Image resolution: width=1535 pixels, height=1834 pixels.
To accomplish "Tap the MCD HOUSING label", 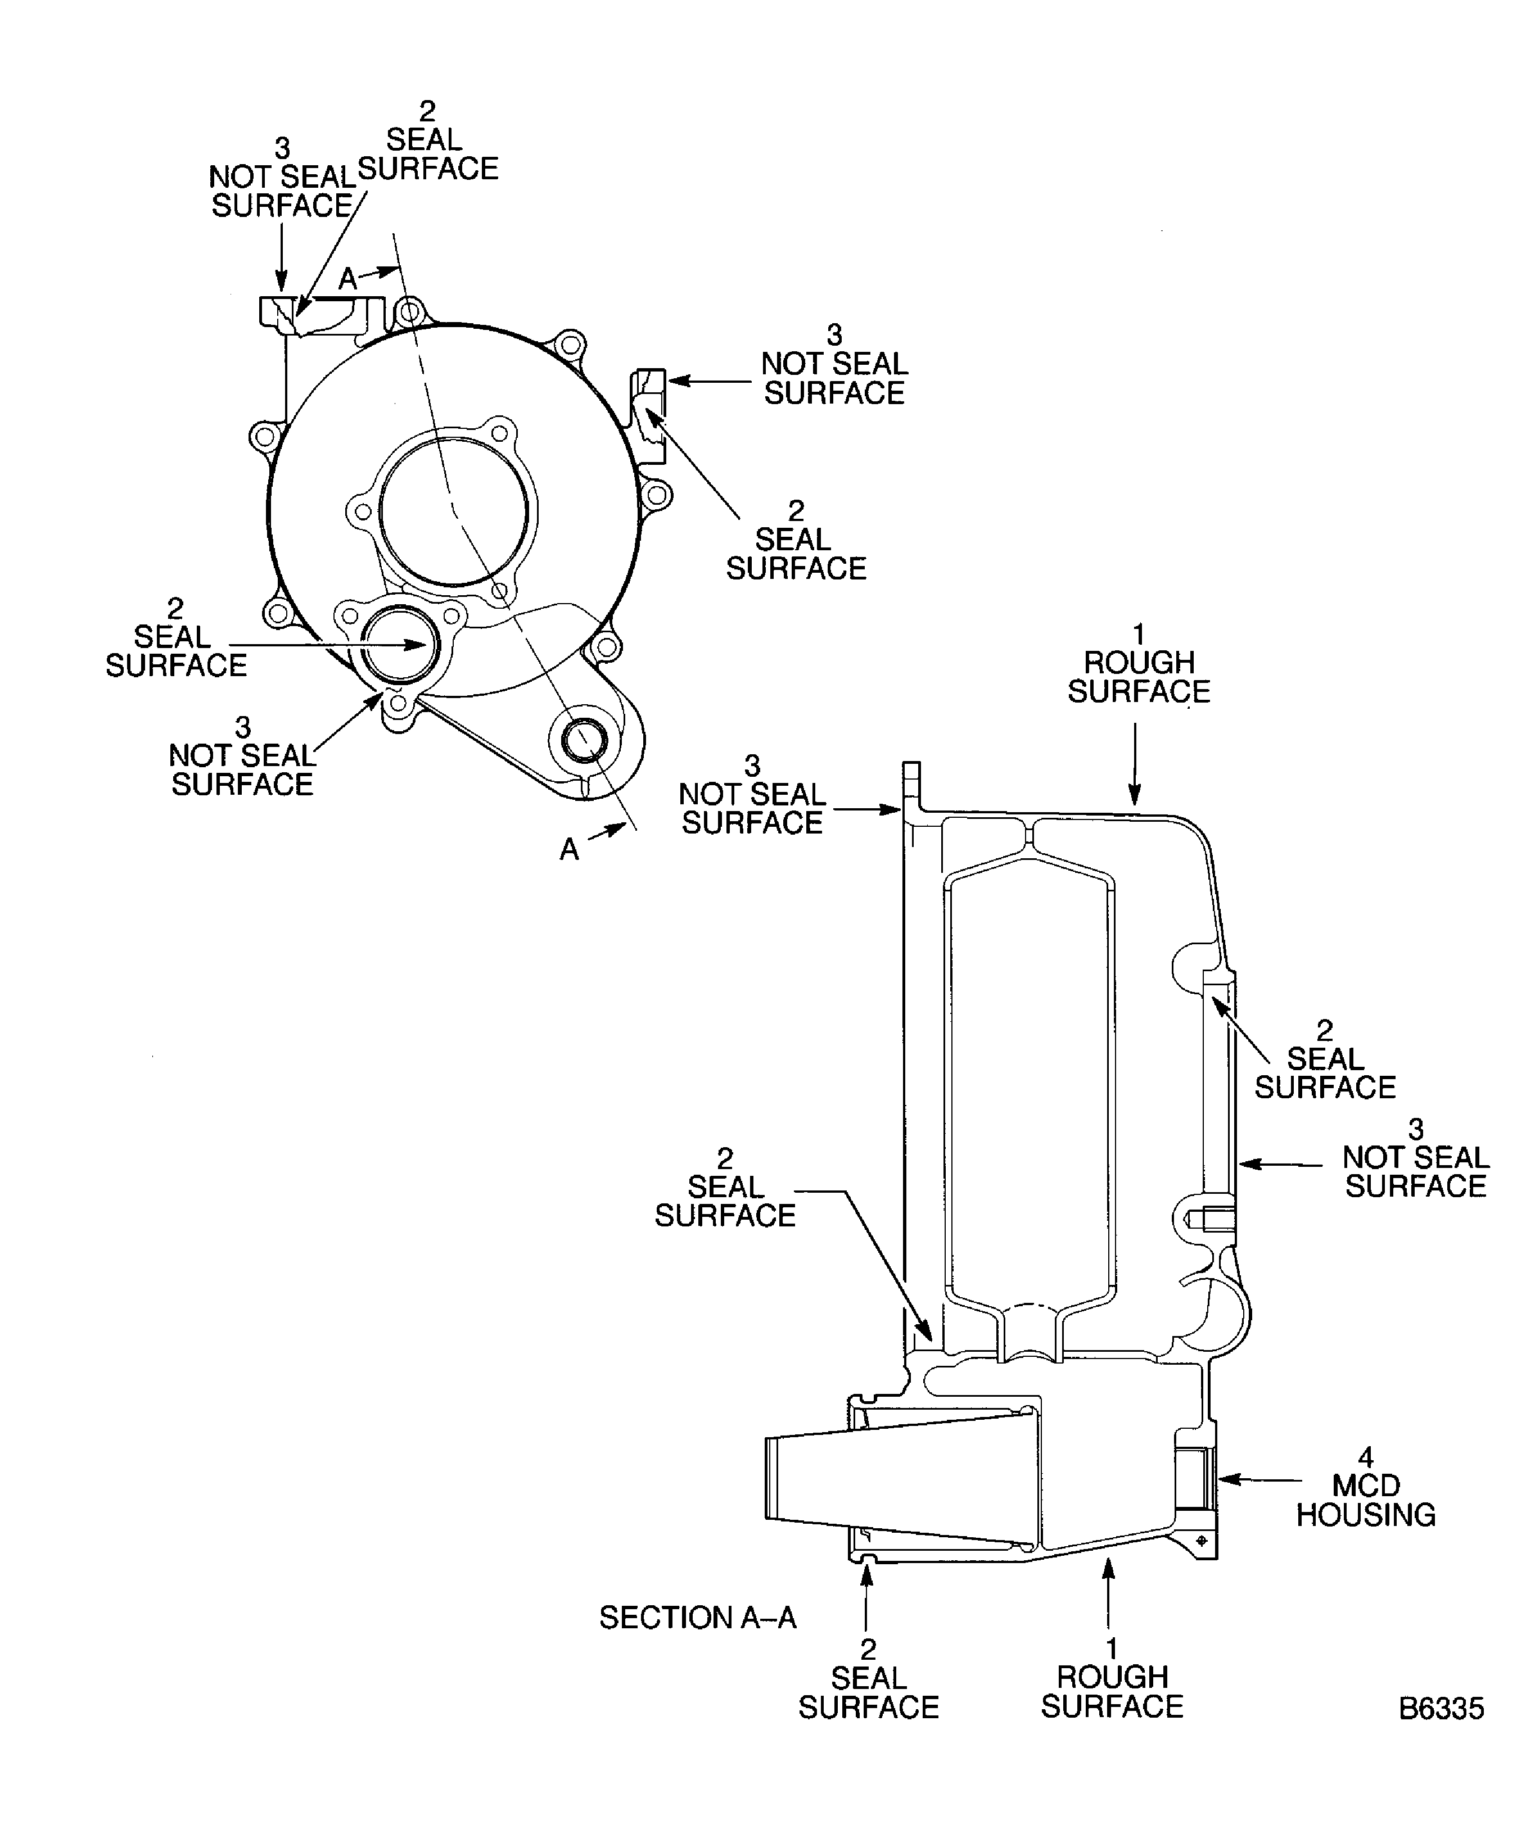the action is pyautogui.click(x=1366, y=1500).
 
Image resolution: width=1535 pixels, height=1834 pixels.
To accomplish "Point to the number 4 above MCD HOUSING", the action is pyautogui.click(x=1366, y=1457).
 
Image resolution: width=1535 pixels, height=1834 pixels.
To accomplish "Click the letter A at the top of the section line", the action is pyautogui.click(x=347, y=279).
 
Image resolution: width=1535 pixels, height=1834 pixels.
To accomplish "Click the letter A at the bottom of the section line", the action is pyautogui.click(x=569, y=849).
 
